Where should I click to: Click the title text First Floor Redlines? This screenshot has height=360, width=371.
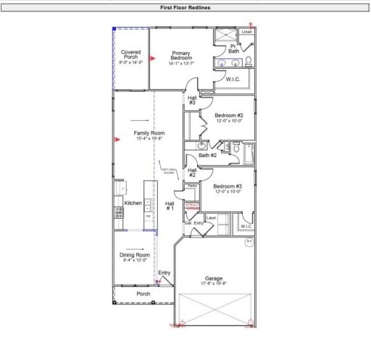[x=185, y=7]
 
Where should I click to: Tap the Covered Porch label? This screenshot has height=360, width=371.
[x=131, y=55]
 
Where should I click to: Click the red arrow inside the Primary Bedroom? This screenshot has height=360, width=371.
[x=152, y=57]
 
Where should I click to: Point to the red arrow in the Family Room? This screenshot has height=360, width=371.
[x=117, y=139]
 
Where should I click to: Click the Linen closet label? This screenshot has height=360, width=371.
[x=247, y=33]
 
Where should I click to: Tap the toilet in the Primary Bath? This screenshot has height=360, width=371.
[x=248, y=61]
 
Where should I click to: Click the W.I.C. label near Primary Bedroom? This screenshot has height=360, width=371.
[x=233, y=79]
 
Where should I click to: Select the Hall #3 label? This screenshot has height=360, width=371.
[x=192, y=100]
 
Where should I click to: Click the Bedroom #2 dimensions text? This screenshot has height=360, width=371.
[x=229, y=121]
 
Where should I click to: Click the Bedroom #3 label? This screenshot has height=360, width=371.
[x=228, y=186]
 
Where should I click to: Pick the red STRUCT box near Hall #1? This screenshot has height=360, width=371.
[x=193, y=206]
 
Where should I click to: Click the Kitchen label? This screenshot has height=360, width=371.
[x=133, y=203]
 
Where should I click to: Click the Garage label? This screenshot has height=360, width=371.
[x=214, y=278]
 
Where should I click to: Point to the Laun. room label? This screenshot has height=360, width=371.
[x=212, y=218]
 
